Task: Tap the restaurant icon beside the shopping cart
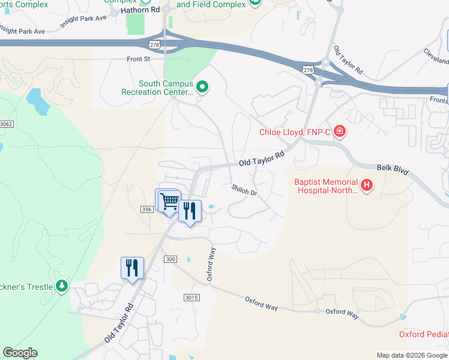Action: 190,211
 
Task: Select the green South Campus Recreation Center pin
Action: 202,88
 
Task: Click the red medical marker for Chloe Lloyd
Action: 339,131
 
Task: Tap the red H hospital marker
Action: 366,186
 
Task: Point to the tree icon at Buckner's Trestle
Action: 62,286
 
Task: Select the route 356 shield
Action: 146,209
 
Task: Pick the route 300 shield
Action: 170,258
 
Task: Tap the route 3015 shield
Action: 191,298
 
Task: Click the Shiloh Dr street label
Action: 244,190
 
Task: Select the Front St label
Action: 137,59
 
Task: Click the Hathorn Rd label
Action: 140,10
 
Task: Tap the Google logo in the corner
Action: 20,353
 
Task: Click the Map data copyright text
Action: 411,355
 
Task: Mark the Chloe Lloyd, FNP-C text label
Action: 294,132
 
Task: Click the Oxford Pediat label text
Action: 424,334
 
